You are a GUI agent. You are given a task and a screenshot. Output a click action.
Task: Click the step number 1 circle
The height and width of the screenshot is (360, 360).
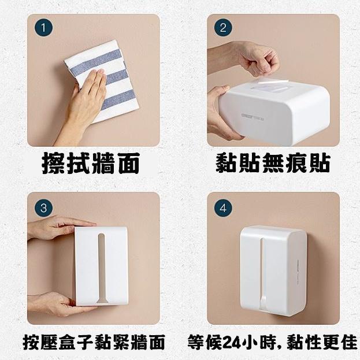(43, 28)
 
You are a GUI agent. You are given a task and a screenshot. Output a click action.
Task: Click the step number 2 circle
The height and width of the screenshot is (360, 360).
(223, 28)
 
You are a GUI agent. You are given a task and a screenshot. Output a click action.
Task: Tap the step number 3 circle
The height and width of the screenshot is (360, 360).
(43, 208)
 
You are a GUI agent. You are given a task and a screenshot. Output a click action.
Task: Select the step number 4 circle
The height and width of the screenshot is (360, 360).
(223, 208)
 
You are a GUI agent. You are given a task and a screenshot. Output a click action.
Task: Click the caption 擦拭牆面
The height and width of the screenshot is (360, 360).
(91, 163)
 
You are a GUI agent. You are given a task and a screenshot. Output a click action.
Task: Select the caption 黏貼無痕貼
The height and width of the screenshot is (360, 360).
(273, 163)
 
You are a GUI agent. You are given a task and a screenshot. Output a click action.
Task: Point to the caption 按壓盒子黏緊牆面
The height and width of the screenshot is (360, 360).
(94, 342)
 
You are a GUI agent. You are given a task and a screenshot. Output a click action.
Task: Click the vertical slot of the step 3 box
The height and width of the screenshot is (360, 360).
(101, 268)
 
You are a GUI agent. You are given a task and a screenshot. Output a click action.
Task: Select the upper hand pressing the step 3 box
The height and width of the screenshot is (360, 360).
(60, 227)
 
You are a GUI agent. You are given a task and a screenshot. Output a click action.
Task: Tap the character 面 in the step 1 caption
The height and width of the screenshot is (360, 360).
(128, 163)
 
